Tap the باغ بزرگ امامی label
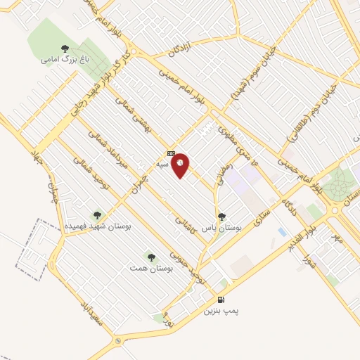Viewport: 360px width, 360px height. coord(58,60)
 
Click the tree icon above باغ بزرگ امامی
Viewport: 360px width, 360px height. coord(65,49)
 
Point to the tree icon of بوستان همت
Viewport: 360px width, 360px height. coord(150,257)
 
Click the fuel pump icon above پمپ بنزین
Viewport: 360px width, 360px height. coord(212,300)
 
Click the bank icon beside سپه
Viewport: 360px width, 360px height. coord(170,153)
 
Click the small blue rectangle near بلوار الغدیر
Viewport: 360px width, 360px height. coord(283,231)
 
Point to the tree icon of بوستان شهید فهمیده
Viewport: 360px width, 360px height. coord(97,216)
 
